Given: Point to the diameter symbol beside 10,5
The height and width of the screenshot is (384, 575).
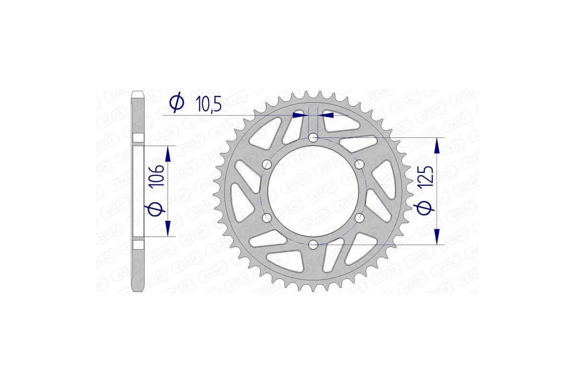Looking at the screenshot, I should [176, 103].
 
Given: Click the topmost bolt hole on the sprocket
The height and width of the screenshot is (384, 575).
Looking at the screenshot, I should [313, 138].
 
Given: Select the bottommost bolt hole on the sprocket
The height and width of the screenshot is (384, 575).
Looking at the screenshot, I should [313, 245].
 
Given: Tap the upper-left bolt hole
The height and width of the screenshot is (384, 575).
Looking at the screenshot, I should [267, 165].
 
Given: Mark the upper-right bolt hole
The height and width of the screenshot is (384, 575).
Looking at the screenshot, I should [359, 165].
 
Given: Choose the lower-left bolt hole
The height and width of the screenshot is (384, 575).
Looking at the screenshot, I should [267, 219].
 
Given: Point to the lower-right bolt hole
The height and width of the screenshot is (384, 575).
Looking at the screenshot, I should [359, 219].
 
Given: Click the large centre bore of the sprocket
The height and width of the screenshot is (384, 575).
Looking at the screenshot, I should [313, 192].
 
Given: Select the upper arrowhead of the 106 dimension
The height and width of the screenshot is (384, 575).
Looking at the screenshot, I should [168, 155].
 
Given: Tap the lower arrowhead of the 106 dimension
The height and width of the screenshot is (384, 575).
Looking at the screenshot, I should [168, 228].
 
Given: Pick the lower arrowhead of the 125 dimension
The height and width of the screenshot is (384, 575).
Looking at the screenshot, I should [437, 237].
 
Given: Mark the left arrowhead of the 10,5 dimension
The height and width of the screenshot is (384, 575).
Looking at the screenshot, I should [299, 115].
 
